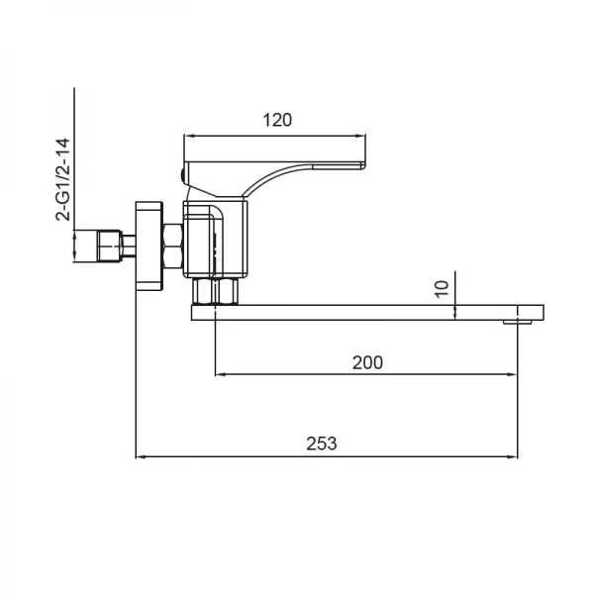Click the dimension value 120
tap(277, 120)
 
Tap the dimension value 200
tap(367, 362)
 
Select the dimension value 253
tap(322, 444)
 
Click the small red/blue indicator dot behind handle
tap(181, 174)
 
